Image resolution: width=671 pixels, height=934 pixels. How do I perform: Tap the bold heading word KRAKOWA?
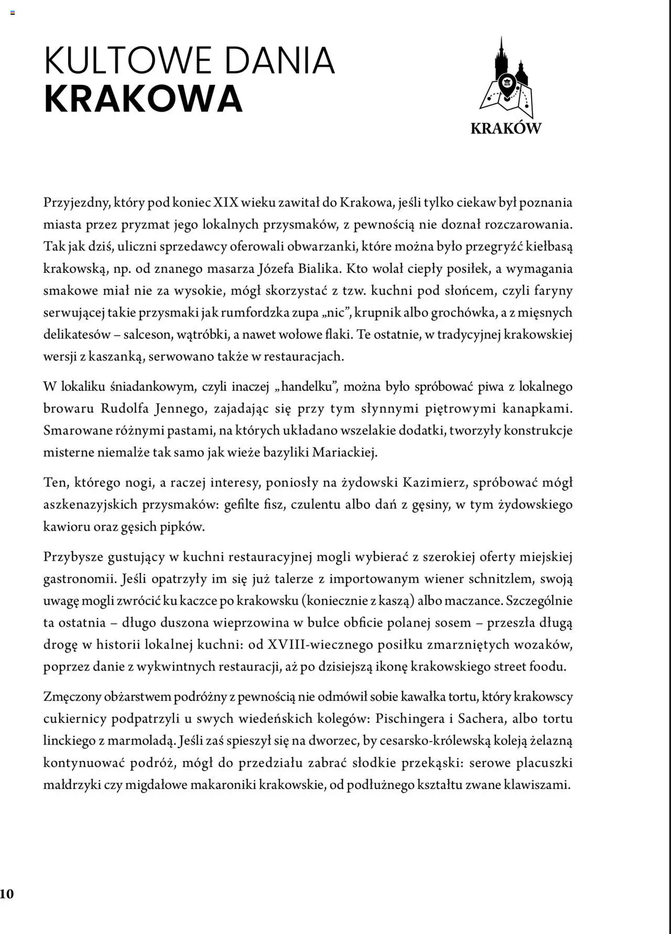[143, 99]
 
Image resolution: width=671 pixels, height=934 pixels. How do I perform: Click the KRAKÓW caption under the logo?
[505, 128]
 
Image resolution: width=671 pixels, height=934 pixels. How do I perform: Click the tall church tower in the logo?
[501, 58]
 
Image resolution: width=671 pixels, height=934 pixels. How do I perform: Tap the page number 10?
[7, 894]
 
